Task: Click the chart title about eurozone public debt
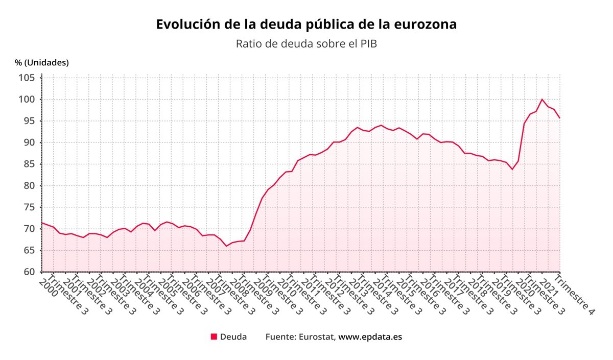[x=306, y=25]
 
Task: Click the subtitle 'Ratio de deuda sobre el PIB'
[x=306, y=44]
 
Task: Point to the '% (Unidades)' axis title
[x=42, y=63]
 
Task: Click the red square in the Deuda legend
[x=214, y=337]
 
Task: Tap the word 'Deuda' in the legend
[x=233, y=337]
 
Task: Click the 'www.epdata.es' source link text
[x=370, y=337]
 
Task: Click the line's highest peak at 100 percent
[x=542, y=99]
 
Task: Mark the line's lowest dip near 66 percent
[x=227, y=246]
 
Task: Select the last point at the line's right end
[x=560, y=118]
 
